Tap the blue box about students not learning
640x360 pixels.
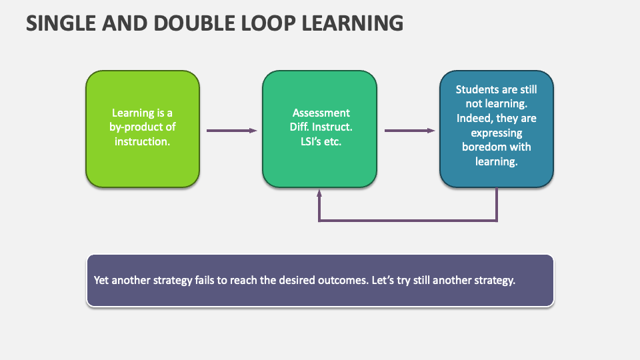pyautogui.click(x=496, y=173)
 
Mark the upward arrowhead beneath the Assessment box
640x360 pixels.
pyautogui.click(x=319, y=194)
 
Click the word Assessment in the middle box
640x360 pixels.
pyautogui.click(x=321, y=113)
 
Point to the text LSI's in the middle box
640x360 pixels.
pyautogui.click(x=309, y=141)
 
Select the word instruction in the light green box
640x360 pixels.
pyautogui.click(x=143, y=141)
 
